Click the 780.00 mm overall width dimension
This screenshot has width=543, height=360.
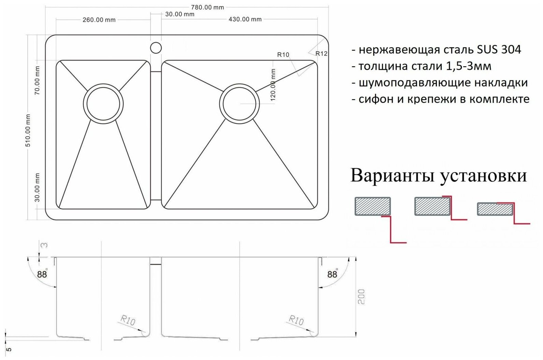[208, 7]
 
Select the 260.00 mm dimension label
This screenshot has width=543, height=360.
[99, 20]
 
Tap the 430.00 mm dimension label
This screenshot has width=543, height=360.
[245, 19]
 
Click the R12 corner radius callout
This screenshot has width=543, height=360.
[321, 53]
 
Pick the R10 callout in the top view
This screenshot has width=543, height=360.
[283, 55]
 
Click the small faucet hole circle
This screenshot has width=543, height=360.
[156, 48]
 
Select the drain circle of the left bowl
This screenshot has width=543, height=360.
[103, 103]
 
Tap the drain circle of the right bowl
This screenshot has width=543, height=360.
[239, 103]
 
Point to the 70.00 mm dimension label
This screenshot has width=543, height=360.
[37, 81]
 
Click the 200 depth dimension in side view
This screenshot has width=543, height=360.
[362, 296]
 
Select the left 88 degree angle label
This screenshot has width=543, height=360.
[42, 274]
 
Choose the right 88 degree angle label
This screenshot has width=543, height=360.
[332, 274]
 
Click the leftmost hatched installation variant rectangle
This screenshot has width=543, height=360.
[373, 206]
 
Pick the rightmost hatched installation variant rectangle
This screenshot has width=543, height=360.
[495, 209]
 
